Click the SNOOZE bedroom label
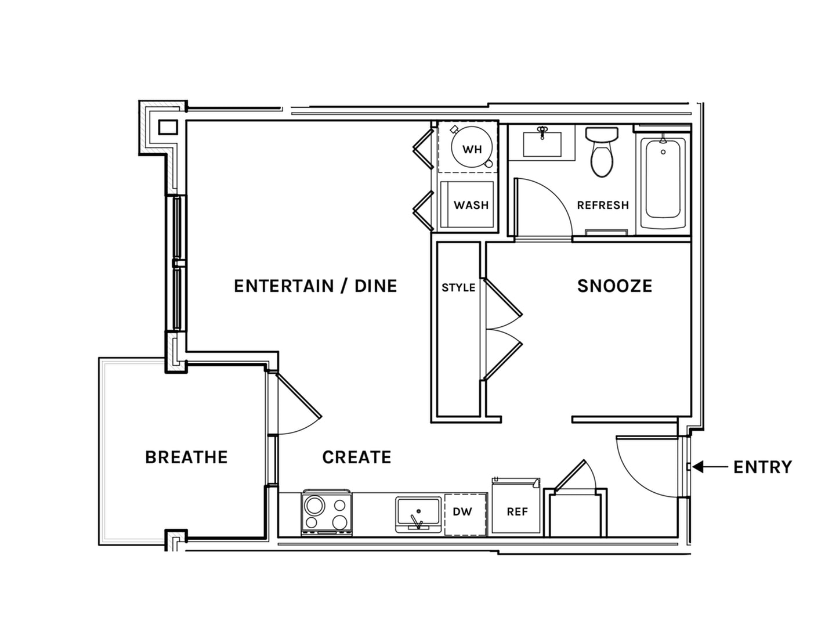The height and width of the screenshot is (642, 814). coord(614,286)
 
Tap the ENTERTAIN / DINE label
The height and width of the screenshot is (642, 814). coord(316,286)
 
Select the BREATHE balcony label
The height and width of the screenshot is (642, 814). coord(186,457)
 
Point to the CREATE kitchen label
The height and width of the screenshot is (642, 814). coord(357,457)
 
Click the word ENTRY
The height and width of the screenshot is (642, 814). coord(762,467)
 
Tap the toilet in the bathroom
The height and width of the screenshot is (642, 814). coord(602,152)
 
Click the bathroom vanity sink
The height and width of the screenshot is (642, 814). coord(542,144)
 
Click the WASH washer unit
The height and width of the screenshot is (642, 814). coord(468,205)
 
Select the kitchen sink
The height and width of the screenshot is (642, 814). coord(418,515)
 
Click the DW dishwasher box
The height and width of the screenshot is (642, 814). coord(465,514)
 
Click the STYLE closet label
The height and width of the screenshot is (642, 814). coord(458,288)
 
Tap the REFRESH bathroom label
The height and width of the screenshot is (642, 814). coord(603,205)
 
